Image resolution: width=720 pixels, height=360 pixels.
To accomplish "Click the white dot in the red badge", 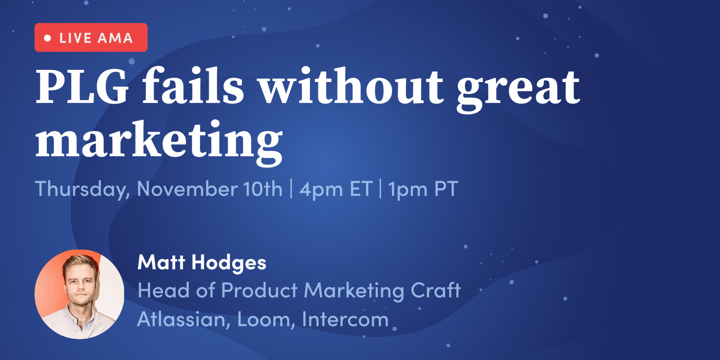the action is pyautogui.click(x=48, y=38).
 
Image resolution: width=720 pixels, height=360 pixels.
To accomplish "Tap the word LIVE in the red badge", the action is pyautogui.click(x=75, y=38).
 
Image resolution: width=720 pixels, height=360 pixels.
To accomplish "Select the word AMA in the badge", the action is pyautogui.click(x=115, y=38).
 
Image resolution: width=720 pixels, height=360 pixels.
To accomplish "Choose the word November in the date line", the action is pyautogui.click(x=187, y=189).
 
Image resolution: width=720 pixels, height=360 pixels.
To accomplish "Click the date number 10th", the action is pyautogui.click(x=262, y=189).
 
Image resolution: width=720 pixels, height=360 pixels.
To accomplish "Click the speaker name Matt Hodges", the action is pyautogui.click(x=202, y=262).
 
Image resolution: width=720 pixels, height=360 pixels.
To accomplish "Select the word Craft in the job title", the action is pyautogui.click(x=436, y=290).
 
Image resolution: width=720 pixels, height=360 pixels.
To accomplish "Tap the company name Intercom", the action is pyautogui.click(x=345, y=319).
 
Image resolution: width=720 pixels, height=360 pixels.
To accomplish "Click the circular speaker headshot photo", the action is pyautogui.click(x=79, y=294).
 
